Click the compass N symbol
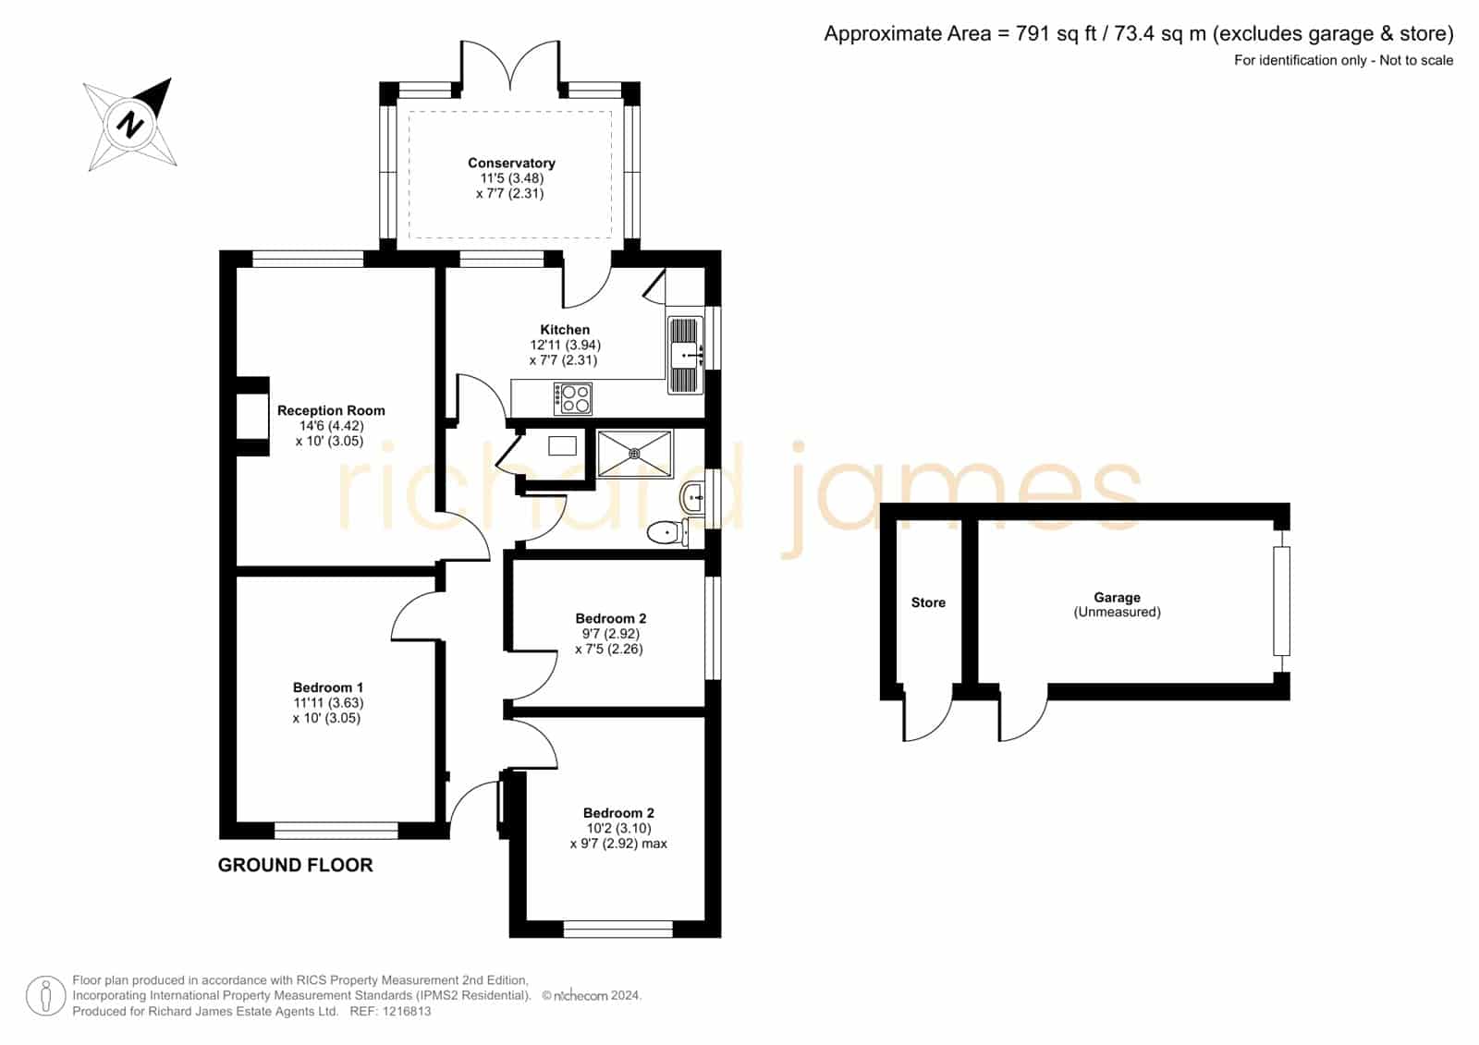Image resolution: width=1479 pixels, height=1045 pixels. coord(130,124)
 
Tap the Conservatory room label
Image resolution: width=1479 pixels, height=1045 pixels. coord(511,163)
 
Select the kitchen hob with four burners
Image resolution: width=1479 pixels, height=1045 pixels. coord(572,399)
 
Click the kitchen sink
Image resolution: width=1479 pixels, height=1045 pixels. coord(685,355)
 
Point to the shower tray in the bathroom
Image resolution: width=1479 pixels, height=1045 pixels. coord(634,454)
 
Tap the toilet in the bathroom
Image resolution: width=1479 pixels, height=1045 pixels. coord(667,532)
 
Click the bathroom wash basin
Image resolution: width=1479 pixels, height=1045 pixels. coord(691,496)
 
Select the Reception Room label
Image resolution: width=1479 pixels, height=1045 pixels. coord(331,410)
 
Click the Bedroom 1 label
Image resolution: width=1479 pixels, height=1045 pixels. coord(328,687)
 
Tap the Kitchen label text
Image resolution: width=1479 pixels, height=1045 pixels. coord(565,330)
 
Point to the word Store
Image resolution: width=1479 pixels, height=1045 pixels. coord(928,602)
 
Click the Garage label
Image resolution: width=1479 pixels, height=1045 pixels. coord(1118,598)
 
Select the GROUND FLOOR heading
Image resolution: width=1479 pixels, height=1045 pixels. coord(295,865)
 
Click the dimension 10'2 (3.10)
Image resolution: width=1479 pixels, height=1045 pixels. coord(618,828)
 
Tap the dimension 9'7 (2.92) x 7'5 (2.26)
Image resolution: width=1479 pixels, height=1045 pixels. coord(608,641)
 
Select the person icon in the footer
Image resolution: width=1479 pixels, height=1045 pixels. coord(45,995)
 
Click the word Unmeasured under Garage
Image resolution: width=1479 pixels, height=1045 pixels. coord(1118,612)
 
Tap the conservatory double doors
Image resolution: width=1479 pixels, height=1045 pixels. coord(510,65)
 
